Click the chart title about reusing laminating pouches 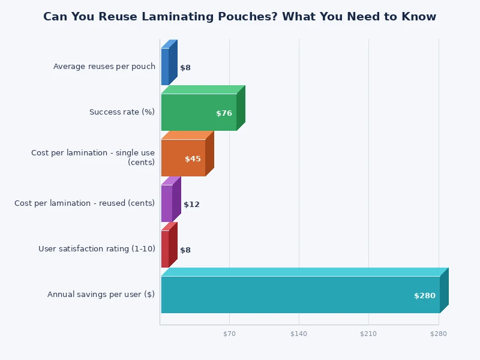[240, 17]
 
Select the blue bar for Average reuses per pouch [165, 67]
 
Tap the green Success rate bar [199, 112]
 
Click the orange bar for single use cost [183, 158]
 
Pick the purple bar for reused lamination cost [167, 203]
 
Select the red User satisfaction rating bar [165, 249]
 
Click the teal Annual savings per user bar [300, 295]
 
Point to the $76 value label [224, 113]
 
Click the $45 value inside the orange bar [193, 159]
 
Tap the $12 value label [191, 205]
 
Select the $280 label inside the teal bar [425, 296]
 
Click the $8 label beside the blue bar [185, 68]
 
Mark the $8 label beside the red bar [185, 250]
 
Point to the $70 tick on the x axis [229, 334]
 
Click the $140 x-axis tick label [299, 334]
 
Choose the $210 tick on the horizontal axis [368, 334]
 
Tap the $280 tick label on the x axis [439, 334]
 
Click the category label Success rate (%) [122, 112]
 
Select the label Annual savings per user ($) [101, 295]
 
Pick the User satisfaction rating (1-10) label [97, 249]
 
